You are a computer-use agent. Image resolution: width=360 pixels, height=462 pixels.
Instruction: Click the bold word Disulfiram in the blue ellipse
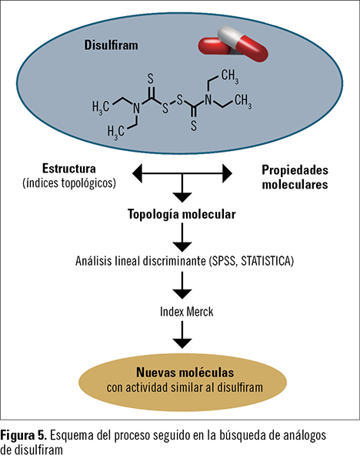click(x=111, y=45)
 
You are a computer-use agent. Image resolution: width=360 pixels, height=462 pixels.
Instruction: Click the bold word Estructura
click(x=69, y=169)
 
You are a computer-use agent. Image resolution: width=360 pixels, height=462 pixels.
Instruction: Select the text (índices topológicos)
click(x=69, y=183)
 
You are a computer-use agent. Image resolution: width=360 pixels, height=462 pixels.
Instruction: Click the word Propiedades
click(x=295, y=171)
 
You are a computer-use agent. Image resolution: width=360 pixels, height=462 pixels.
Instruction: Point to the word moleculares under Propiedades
click(x=295, y=185)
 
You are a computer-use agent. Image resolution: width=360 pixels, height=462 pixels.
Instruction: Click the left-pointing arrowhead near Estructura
click(x=138, y=173)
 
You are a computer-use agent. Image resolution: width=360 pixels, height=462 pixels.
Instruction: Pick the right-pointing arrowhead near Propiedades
click(x=227, y=173)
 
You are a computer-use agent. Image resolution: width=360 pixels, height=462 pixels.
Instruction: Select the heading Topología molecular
click(x=182, y=215)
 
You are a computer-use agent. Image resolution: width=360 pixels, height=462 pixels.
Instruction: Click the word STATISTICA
click(x=267, y=261)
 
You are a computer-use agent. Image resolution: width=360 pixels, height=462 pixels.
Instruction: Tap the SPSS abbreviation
click(x=223, y=261)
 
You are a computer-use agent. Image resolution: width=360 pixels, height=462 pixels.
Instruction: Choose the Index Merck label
click(x=187, y=312)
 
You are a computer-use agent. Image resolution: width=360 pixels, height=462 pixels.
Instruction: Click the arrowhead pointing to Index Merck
click(x=182, y=294)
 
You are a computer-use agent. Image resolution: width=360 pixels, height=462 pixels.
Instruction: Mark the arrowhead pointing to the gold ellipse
click(x=182, y=343)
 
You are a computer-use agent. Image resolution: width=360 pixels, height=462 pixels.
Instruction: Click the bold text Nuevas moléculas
click(x=185, y=373)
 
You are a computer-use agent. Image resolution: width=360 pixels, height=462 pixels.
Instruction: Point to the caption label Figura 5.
click(x=24, y=435)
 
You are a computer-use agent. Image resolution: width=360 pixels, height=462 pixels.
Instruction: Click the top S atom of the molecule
click(x=151, y=79)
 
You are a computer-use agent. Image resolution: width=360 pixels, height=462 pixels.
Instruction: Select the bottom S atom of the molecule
click(x=194, y=126)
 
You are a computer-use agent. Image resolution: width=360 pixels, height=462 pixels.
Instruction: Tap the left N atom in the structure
click(x=136, y=109)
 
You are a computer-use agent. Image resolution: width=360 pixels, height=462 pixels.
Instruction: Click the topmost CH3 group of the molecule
click(x=230, y=75)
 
